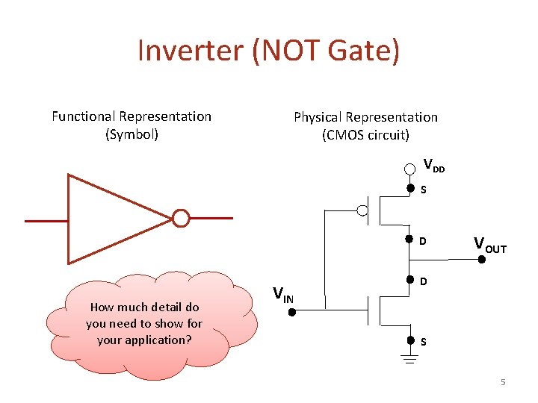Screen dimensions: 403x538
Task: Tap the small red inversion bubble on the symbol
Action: [180, 219]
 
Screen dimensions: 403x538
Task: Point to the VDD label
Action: [433, 165]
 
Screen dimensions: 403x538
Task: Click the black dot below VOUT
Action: [482, 260]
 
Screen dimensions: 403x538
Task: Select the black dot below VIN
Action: [292, 312]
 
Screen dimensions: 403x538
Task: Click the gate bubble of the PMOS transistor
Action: [363, 210]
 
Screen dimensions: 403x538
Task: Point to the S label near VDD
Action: [423, 190]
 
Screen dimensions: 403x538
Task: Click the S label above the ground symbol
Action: [423, 343]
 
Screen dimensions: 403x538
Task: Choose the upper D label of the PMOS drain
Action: [423, 241]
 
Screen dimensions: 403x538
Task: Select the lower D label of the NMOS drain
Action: [423, 282]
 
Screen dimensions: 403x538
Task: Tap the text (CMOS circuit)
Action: [365, 135]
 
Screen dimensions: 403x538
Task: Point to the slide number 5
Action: [503, 382]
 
